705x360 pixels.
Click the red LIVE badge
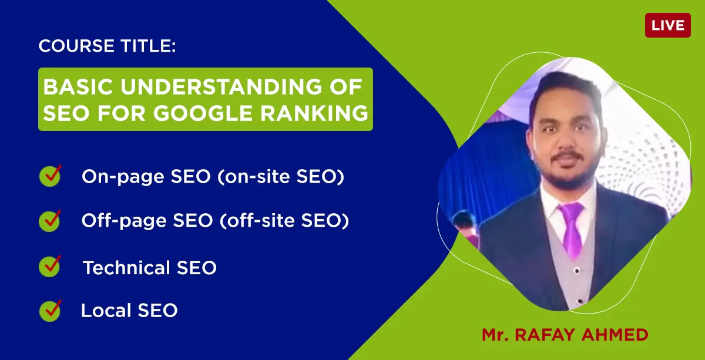668,25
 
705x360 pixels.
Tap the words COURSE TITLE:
107,46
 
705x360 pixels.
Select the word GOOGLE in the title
203,113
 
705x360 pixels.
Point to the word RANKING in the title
314,113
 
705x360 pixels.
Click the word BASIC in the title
78,87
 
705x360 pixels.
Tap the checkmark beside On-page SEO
51,176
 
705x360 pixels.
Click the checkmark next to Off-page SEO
50,221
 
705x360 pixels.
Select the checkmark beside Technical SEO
50,266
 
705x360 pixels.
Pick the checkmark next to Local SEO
51,311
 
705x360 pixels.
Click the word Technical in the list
126,267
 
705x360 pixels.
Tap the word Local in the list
106,310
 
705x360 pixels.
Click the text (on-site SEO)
281,176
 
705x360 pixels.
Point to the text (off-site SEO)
284,220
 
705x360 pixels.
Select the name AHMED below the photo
615,335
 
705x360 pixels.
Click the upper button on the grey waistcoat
576,271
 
